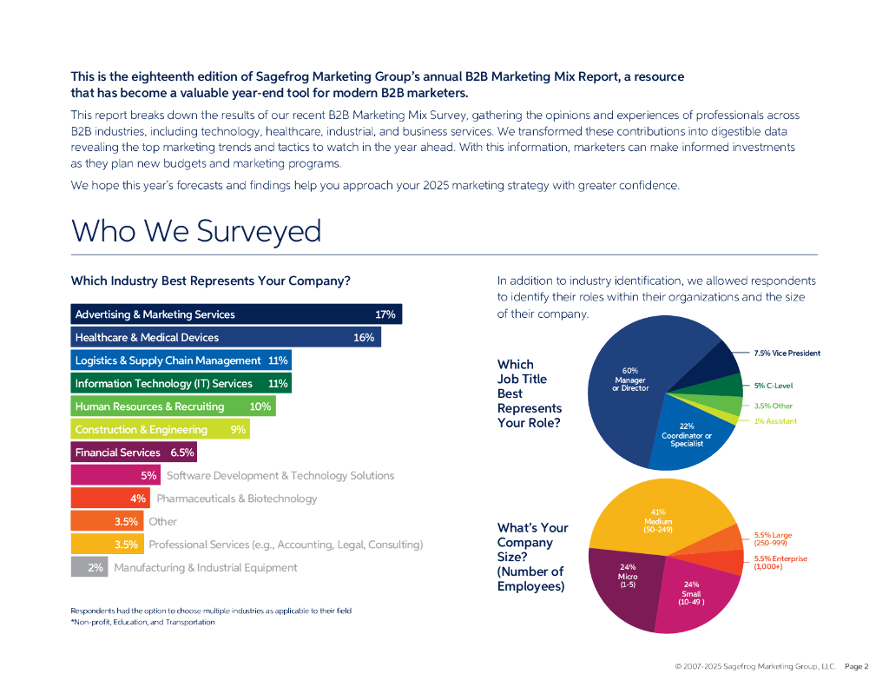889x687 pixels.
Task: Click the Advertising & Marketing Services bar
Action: click(x=235, y=314)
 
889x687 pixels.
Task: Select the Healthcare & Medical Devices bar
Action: click(x=225, y=337)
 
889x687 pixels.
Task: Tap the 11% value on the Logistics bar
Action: click(x=278, y=360)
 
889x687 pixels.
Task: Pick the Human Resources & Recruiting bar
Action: click(x=173, y=406)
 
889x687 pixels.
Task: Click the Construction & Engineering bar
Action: click(x=160, y=429)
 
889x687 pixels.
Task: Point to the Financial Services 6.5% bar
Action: click(x=133, y=452)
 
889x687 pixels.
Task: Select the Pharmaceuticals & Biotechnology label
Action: click(x=236, y=499)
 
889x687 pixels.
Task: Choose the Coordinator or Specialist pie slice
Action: click(x=690, y=439)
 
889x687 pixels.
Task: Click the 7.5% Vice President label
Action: click(x=787, y=353)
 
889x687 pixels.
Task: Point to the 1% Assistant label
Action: click(x=774, y=421)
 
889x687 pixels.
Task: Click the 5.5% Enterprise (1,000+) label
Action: click(x=780, y=562)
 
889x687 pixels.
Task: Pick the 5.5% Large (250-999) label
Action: click(x=773, y=538)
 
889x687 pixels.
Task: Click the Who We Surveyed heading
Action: click(x=196, y=231)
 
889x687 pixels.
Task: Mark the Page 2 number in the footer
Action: click(x=856, y=666)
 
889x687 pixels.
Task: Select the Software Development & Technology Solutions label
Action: click(x=280, y=475)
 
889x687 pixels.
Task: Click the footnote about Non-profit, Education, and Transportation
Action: click(x=142, y=622)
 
